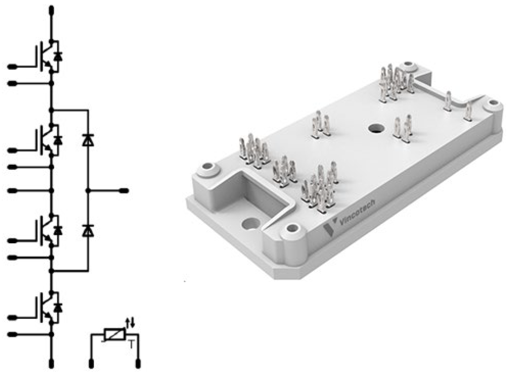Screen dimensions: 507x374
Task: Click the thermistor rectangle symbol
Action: coord(115,335)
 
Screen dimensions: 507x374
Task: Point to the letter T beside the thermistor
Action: coord(131,345)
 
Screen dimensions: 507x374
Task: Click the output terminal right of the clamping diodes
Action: coord(124,191)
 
